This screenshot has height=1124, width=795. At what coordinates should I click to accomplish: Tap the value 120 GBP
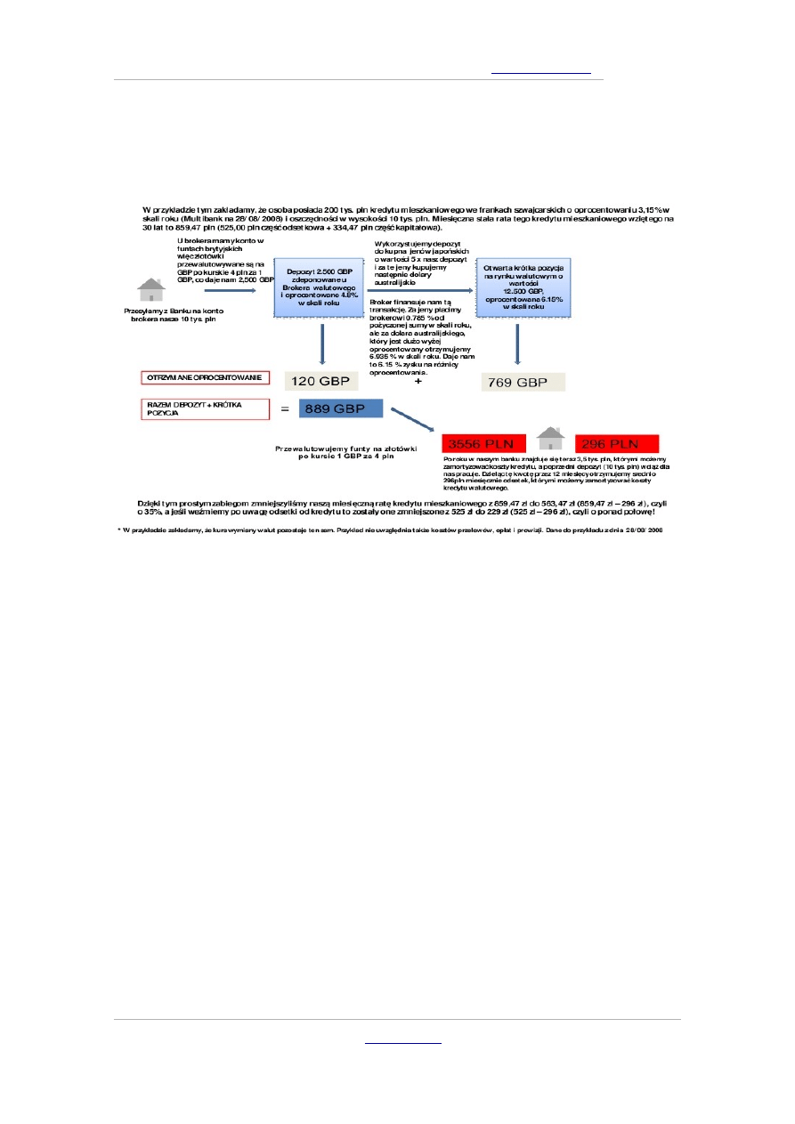(321, 382)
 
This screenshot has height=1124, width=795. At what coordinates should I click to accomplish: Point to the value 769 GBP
(523, 383)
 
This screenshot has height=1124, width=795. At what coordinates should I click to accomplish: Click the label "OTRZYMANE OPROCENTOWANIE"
(204, 377)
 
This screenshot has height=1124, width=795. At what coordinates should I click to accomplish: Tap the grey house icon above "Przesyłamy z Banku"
(151, 290)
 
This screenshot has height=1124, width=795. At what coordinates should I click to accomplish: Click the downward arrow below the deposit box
(321, 344)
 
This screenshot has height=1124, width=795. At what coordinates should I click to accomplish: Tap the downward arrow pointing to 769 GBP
(518, 343)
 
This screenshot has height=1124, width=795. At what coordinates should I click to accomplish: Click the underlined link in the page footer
(403, 1042)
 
